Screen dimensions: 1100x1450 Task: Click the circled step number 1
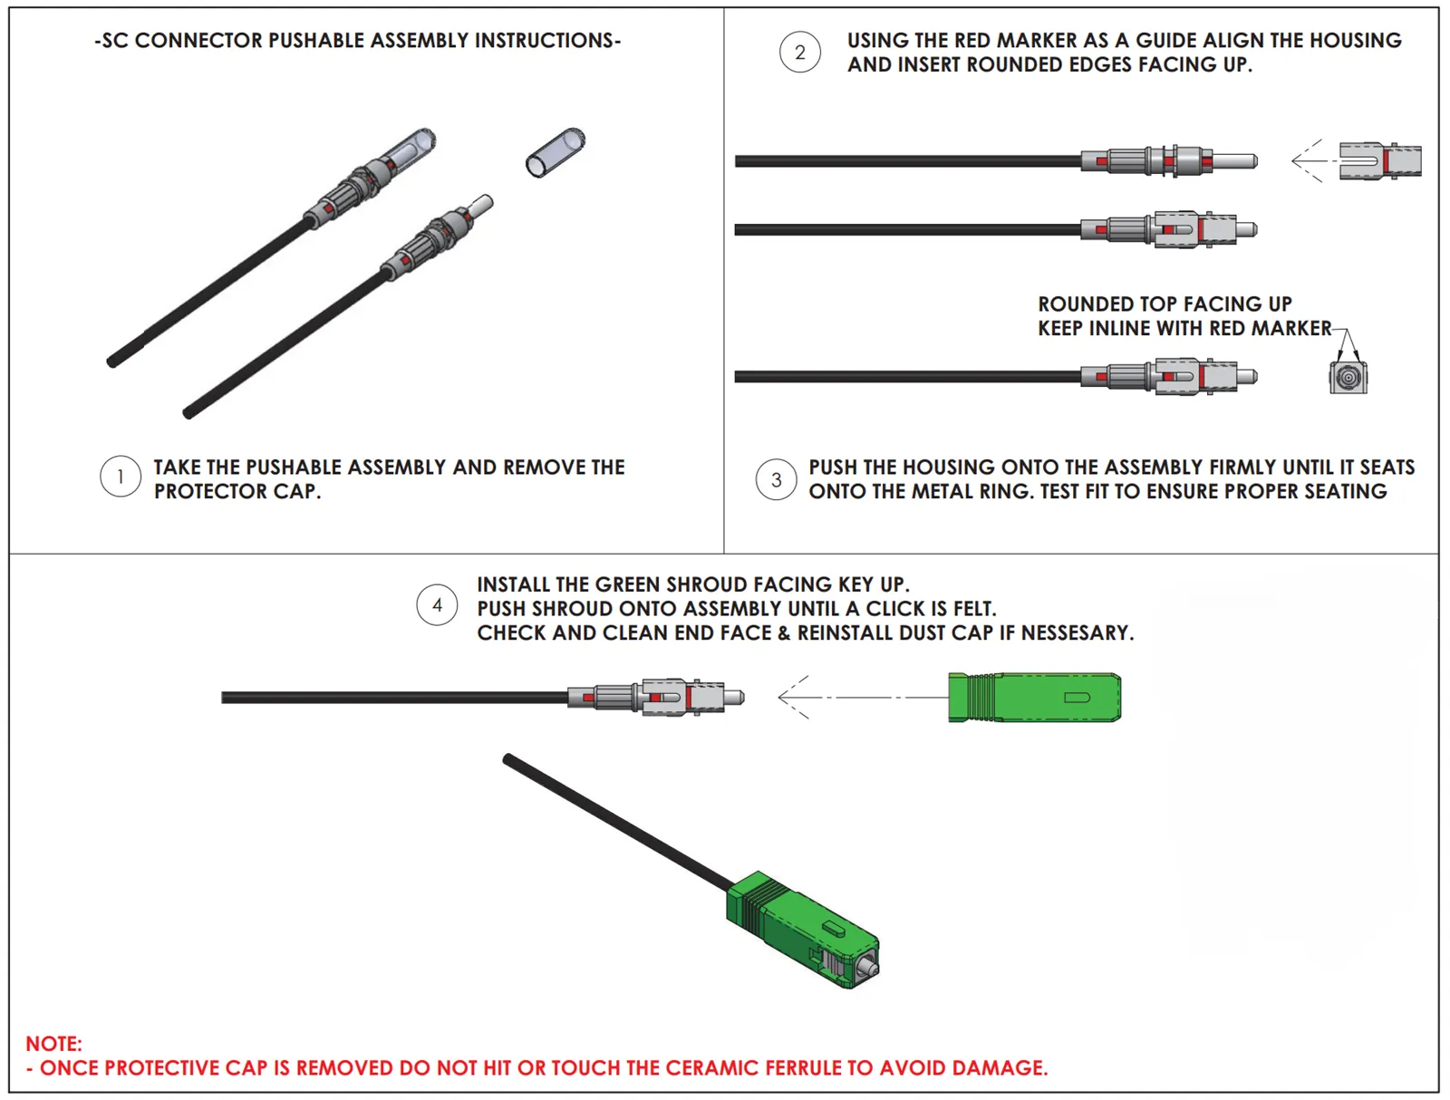[x=121, y=477]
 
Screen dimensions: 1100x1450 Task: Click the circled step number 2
[x=799, y=53]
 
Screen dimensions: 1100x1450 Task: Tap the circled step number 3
[x=776, y=479]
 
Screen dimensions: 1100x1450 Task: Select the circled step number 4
[x=437, y=605]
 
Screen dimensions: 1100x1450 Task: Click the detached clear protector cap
[x=555, y=152]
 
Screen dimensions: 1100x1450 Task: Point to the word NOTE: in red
[x=53, y=1044]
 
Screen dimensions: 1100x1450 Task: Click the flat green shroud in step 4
[x=1034, y=698]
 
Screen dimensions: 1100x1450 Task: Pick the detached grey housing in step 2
[x=1379, y=160]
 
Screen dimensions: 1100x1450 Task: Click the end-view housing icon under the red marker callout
[x=1348, y=377]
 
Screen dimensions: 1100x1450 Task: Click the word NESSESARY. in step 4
[x=1078, y=632]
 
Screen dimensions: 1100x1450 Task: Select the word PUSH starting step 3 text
[x=834, y=468]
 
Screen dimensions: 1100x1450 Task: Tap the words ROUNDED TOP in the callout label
[x=1107, y=304]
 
